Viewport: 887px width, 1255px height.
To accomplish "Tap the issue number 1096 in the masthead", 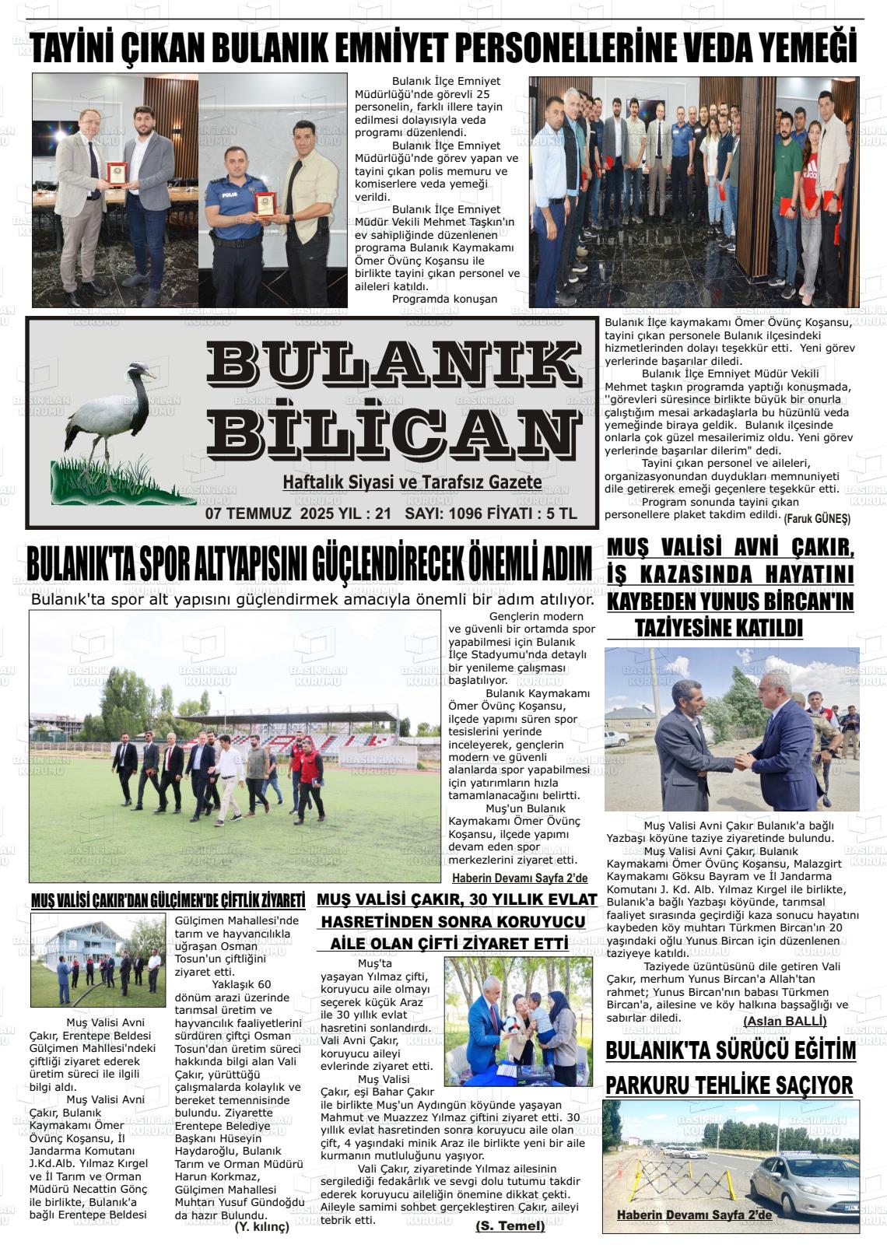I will (465, 514).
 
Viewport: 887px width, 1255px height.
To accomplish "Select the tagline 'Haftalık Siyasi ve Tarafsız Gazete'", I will (412, 483).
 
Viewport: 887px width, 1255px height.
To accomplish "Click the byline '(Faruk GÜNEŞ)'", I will (817, 518).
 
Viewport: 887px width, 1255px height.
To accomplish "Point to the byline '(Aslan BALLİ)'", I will (784, 1021).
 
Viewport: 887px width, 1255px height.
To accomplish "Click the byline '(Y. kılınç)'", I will (261, 1227).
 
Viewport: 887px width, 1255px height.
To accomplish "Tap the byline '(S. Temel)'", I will (510, 1226).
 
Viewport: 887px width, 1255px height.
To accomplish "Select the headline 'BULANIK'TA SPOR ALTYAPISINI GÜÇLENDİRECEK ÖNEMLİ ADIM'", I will (309, 565).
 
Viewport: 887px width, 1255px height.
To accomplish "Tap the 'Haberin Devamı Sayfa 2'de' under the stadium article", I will (520, 878).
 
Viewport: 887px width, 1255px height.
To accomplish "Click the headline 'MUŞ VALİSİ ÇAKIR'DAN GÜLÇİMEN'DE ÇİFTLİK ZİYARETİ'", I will (167, 901).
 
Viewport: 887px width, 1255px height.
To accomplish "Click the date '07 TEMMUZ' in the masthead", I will (247, 514).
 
